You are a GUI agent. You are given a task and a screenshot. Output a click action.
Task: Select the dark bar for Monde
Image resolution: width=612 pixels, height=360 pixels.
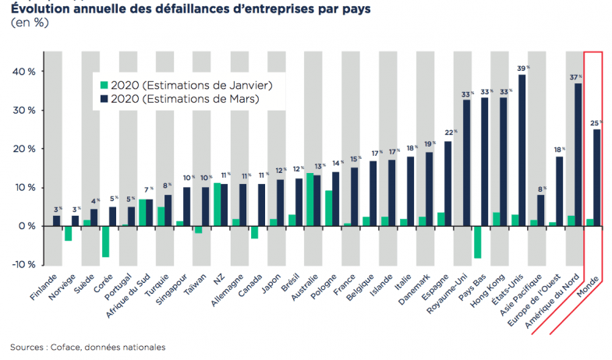coord(596,178)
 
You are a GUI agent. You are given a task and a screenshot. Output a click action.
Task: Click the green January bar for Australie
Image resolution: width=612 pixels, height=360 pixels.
coord(310,199)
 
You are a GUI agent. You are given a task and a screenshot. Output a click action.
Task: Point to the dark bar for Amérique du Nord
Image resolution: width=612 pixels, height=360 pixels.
coord(578,154)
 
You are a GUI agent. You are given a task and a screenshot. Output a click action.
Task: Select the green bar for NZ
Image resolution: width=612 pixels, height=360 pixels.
coord(217,204)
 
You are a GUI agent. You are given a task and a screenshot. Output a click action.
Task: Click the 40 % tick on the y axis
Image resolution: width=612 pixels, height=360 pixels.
coord(26,72)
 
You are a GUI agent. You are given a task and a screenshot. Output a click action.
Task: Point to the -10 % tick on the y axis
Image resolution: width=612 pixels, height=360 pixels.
coord(26,265)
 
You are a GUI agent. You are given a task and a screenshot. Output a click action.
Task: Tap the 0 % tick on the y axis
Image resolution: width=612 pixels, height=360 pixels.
coord(29,226)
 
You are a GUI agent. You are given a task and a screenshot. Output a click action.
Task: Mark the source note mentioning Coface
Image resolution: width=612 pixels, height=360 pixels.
coord(87,347)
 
